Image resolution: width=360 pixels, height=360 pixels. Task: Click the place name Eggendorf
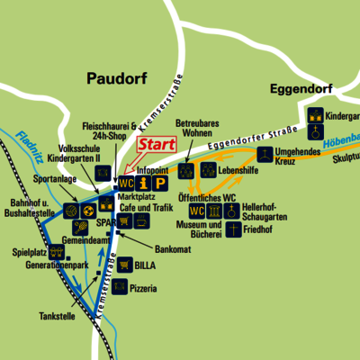301,89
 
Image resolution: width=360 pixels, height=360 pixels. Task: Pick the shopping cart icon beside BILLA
123,265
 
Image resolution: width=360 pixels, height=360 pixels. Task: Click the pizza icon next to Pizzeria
123,288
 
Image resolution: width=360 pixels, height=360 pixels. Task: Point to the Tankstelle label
58,316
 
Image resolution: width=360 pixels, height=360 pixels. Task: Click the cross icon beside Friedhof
233,230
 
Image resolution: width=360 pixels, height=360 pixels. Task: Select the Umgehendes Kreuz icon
266,154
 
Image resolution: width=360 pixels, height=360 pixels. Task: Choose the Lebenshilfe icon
207,168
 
